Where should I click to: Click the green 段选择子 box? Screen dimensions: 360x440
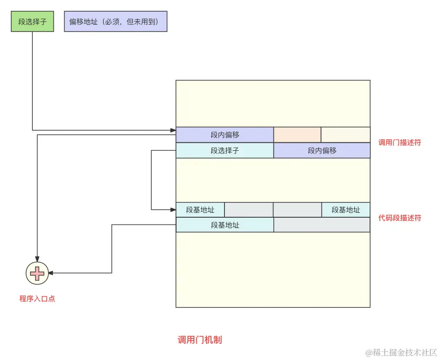click(32, 22)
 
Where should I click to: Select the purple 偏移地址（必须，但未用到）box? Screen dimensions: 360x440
click(116, 22)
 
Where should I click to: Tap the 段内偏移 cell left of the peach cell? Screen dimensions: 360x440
click(224, 135)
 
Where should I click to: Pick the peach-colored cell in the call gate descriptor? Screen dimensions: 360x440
click(297, 135)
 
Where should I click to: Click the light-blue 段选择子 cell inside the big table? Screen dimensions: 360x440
click(224, 151)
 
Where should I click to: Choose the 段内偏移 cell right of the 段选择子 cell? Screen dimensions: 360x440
click(322, 151)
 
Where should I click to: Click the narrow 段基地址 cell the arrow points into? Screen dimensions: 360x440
click(200, 210)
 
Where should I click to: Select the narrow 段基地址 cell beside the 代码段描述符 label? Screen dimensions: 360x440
click(346, 210)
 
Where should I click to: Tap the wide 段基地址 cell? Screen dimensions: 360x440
click(224, 225)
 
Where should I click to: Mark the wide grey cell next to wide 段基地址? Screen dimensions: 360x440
click(322, 225)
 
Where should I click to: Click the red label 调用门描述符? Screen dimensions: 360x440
click(400, 143)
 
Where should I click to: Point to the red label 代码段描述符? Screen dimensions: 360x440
click(400, 218)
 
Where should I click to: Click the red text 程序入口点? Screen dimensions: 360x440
click(37, 299)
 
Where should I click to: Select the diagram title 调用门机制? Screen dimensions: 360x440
click(200, 340)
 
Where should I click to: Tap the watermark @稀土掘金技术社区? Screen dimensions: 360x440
click(400, 353)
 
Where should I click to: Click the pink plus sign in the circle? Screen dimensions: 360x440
click(37, 272)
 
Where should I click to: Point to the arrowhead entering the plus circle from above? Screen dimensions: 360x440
click(37, 258)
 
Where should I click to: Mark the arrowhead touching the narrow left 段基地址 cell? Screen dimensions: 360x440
click(172, 210)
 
